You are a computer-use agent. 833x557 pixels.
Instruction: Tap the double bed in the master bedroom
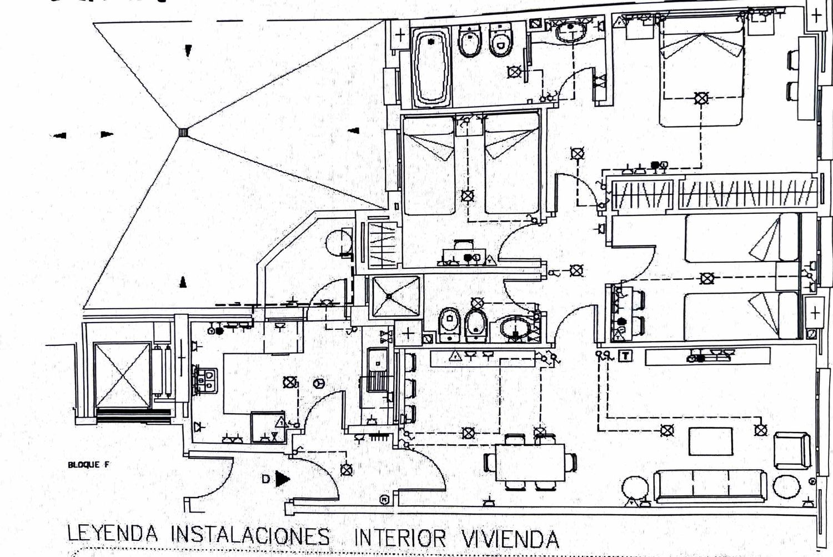(701, 69)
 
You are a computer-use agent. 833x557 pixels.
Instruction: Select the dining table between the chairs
(529, 463)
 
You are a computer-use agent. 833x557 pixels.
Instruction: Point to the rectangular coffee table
(711, 441)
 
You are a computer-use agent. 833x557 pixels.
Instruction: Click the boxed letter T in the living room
(626, 355)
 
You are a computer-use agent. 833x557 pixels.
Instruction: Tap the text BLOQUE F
(88, 465)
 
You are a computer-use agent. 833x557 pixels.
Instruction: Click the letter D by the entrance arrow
(267, 478)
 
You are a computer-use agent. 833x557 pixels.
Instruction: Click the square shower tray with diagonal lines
(395, 296)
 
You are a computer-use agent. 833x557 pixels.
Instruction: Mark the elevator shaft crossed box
(123, 375)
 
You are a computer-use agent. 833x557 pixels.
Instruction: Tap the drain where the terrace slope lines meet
(183, 132)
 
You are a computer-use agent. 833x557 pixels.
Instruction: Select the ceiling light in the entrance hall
(347, 470)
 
